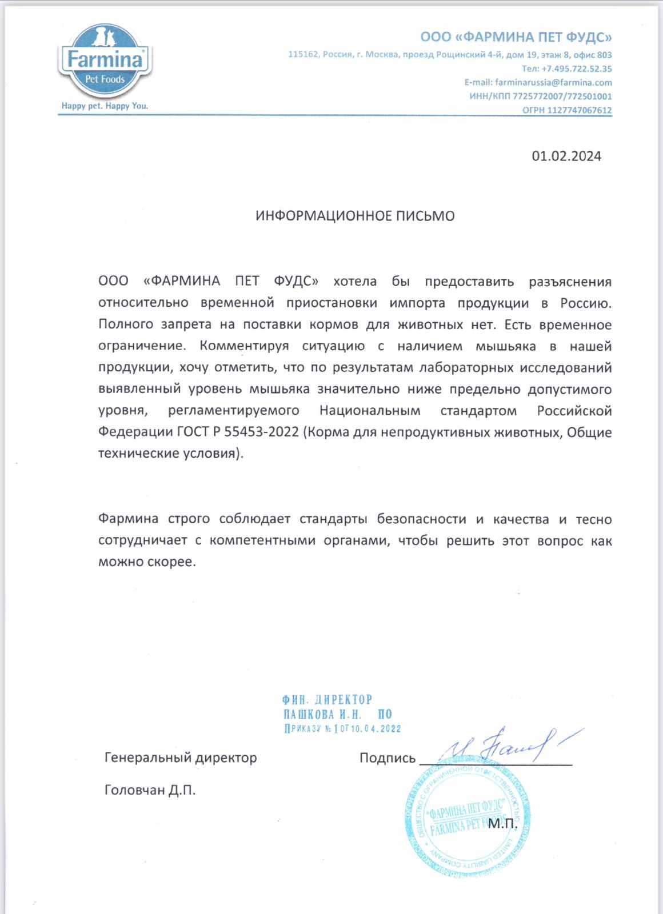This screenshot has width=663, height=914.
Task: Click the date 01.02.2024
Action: pos(566,156)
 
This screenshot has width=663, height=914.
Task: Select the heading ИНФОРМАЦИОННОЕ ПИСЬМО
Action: pos(354,216)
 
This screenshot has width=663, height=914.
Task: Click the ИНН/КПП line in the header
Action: pos(540,97)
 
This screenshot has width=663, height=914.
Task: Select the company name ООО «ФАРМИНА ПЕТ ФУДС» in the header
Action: pos(516,38)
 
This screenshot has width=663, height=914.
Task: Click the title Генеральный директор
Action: pos(181,758)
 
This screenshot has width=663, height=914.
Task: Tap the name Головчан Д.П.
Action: pos(150,791)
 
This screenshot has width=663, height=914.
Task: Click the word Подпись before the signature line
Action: pos(387,758)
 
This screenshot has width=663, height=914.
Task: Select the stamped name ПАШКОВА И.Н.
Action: pos(325,714)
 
